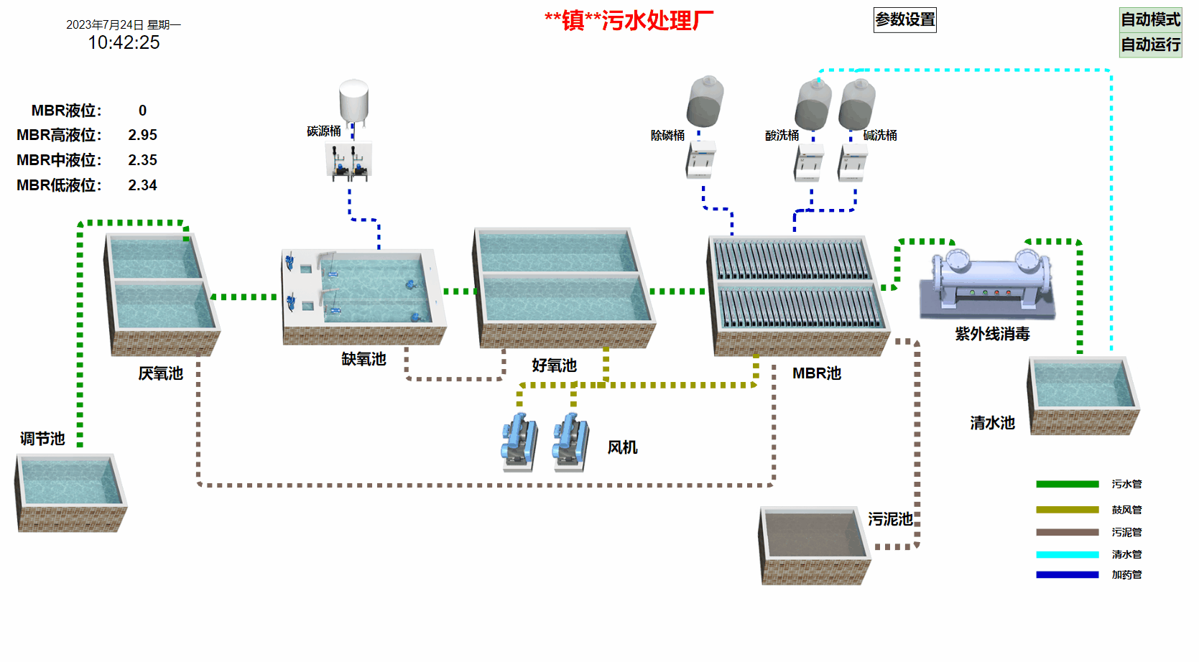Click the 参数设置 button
pos(904,20)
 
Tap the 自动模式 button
pos(1150,19)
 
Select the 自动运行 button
pos(1150,45)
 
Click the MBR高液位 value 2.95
pos(142,135)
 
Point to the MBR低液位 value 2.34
pos(142,185)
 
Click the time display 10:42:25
pos(124,42)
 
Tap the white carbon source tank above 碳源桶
pos(353,101)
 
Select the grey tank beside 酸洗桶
pos(813,105)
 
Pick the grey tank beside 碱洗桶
pos(857,105)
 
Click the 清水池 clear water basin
pos(1083,395)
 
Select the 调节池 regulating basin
pos(70,492)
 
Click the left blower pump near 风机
pos(519,442)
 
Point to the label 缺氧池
pos(364,359)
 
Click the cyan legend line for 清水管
pos(1067,554)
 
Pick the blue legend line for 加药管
pos(1067,574)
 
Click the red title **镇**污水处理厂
pos(629,21)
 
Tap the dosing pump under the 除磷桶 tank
pos(700,159)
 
